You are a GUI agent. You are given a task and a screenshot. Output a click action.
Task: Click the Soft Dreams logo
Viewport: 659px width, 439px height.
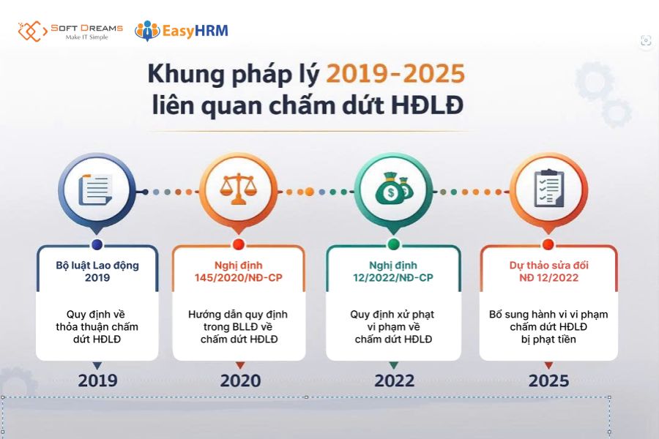70,31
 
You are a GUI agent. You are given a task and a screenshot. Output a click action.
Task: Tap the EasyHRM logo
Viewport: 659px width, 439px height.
181,31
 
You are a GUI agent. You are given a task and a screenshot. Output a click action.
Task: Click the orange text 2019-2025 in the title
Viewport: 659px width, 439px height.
395,74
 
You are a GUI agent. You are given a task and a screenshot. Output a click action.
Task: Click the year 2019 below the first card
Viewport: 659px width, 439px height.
97,380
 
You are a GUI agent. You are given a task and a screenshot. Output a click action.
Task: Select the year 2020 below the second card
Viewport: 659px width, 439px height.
239,380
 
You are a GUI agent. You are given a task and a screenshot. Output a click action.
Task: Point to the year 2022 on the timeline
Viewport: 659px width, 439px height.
394,380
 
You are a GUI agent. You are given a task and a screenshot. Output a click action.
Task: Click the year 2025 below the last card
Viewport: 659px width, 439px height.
548,380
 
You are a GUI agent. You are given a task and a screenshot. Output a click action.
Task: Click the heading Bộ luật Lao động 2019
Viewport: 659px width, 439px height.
97,271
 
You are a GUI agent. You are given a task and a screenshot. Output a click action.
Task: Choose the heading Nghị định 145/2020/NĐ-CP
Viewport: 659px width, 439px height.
239,271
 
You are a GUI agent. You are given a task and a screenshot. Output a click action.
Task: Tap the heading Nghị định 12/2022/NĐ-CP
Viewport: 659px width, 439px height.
394,271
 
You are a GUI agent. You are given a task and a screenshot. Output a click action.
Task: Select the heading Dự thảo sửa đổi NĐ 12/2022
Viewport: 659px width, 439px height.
548,271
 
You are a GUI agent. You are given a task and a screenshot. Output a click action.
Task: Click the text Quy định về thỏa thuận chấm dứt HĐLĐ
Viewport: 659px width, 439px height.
97,326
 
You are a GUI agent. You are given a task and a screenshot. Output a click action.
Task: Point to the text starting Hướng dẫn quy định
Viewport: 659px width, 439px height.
238,326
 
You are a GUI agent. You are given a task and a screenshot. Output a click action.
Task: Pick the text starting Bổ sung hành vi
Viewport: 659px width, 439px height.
548,326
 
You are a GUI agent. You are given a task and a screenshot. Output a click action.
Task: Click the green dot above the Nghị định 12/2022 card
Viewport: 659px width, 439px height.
394,244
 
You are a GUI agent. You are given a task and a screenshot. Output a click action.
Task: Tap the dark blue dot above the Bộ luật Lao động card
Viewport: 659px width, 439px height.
97,244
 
